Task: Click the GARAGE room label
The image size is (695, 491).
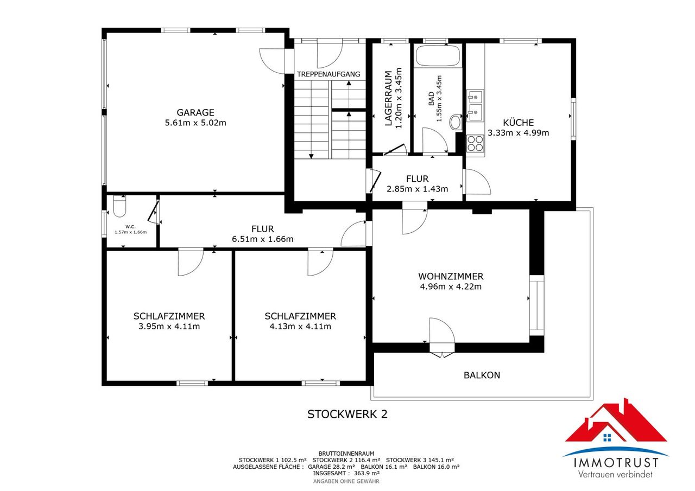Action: (x=195, y=112)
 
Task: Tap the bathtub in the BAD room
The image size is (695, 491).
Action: (x=438, y=55)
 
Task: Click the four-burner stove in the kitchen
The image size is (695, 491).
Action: (x=475, y=143)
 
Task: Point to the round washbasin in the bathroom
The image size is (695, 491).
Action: (x=456, y=122)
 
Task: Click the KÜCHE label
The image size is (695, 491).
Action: (x=519, y=123)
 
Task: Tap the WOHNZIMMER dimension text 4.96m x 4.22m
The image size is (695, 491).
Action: (x=451, y=286)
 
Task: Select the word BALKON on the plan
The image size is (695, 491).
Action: (x=482, y=375)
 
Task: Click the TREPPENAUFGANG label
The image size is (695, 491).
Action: (x=328, y=74)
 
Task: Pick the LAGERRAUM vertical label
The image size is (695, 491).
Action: (x=388, y=98)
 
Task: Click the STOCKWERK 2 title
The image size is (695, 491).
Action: (x=347, y=414)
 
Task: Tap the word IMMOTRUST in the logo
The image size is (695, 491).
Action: (x=616, y=463)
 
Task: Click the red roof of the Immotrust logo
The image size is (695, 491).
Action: (x=616, y=425)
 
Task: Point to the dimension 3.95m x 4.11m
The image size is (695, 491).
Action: (x=169, y=327)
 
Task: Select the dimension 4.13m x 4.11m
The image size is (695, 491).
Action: (x=300, y=327)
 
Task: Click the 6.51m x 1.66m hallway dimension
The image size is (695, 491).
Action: (x=262, y=239)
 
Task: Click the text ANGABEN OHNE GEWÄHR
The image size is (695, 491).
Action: (x=346, y=481)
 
